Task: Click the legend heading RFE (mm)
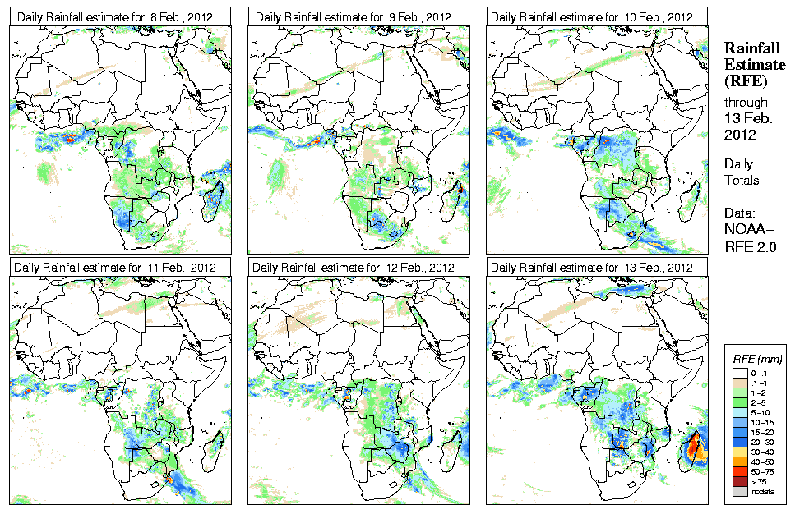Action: coord(756,359)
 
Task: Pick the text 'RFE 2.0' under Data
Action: coord(750,244)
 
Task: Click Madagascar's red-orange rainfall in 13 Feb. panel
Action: coord(695,447)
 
